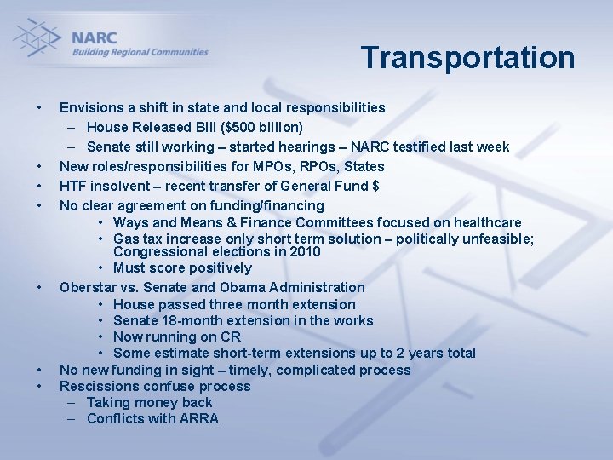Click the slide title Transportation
tap(467, 58)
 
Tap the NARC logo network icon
tap(37, 39)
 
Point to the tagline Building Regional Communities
tap(140, 52)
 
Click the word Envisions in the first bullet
tap(93, 108)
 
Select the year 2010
tap(304, 252)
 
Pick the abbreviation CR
tap(229, 337)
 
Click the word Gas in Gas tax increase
tap(126, 239)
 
